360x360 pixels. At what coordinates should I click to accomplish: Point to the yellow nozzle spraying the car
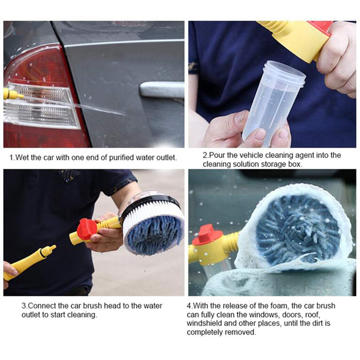pyautogui.click(x=13, y=94)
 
